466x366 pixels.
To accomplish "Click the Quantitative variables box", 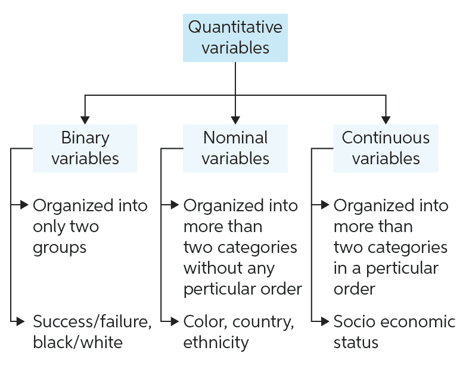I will (235, 37).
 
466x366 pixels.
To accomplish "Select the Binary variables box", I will (85, 148).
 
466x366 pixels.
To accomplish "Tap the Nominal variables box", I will (235, 148).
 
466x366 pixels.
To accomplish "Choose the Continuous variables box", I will (386, 148).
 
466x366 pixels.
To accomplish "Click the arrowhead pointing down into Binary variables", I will (85, 118).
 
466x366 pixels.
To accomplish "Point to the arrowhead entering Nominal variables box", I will (235, 118).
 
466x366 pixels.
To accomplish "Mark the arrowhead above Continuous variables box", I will (386, 118).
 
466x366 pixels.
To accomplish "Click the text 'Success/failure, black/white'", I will (92, 332).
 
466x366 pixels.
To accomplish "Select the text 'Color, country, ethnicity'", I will (239, 332).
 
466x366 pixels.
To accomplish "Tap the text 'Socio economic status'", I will (394, 332).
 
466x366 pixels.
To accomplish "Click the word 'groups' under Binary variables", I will (60, 248).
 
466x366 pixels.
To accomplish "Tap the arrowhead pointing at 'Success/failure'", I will (24, 322).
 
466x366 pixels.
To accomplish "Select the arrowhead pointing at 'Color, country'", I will (174, 322).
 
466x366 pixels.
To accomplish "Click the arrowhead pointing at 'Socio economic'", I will (324, 322).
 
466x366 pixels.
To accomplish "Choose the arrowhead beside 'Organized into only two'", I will (24, 205).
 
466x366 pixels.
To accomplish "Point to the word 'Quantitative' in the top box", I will (235, 27).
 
